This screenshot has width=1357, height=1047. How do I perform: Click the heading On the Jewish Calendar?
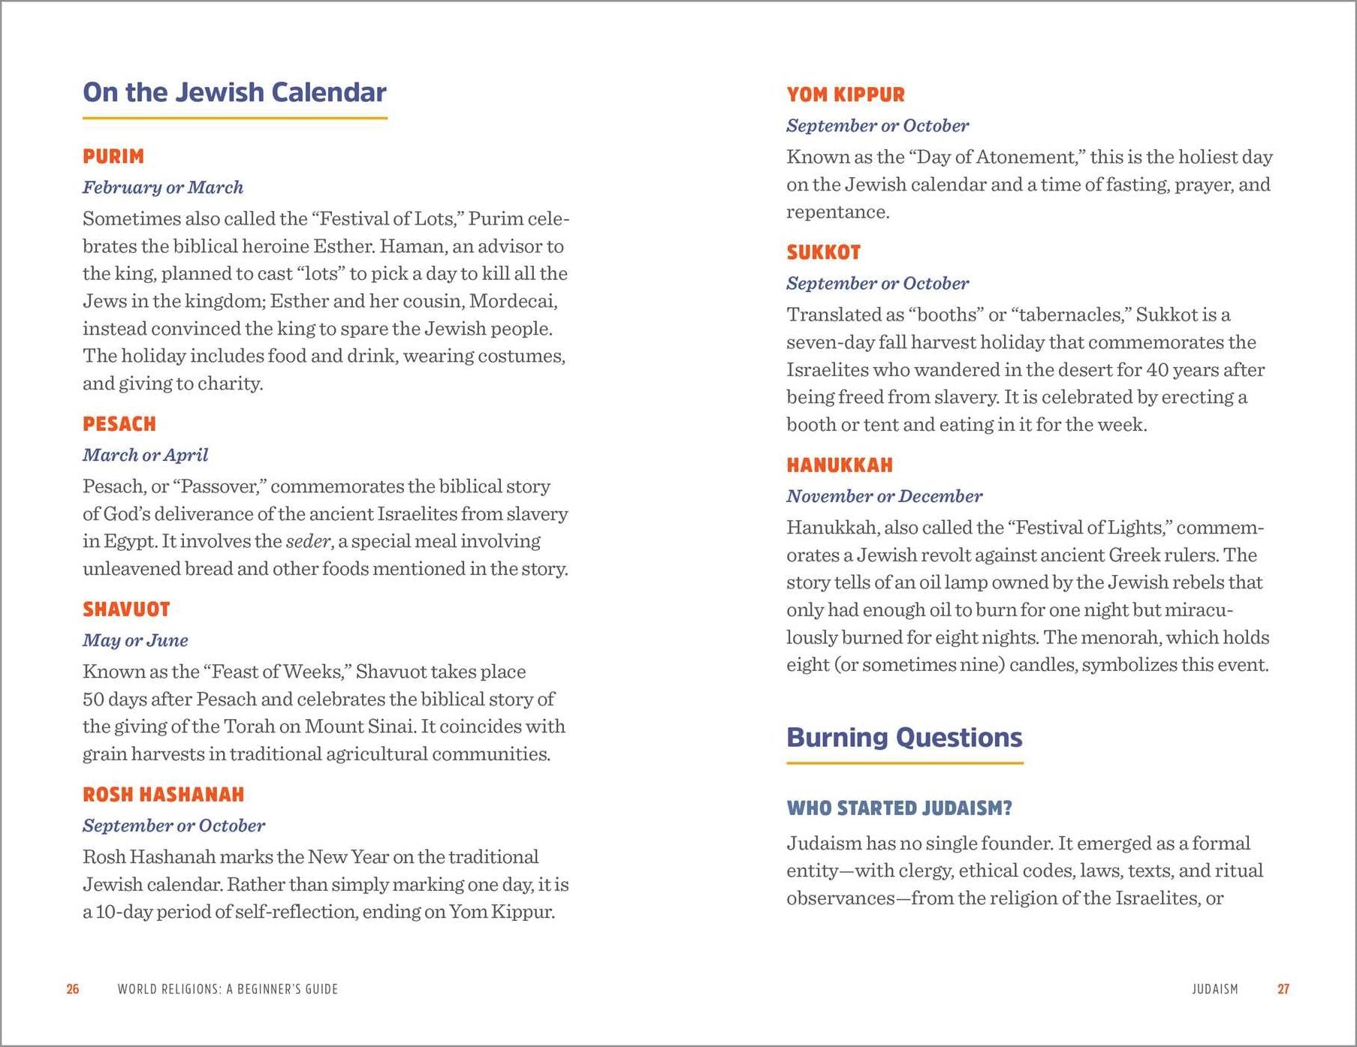point(234,92)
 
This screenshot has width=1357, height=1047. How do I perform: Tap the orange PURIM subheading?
point(113,156)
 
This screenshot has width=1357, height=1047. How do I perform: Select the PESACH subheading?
point(119,424)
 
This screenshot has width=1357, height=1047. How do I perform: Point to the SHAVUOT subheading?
point(126,609)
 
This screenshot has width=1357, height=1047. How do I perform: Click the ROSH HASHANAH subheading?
point(163,794)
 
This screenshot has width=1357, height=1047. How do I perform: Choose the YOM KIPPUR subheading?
point(846,95)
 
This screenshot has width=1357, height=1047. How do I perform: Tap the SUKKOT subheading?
point(823,252)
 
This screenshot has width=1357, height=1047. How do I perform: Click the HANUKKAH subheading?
point(840,465)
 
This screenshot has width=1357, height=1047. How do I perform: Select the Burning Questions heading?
point(904,738)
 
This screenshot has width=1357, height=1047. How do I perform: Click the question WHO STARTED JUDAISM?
point(899,808)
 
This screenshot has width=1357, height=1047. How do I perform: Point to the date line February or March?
point(163,188)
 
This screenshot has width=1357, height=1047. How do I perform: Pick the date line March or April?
point(145,455)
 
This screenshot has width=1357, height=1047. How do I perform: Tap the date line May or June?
point(135,640)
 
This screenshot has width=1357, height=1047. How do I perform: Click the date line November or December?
point(884,496)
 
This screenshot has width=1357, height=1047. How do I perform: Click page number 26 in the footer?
point(73,989)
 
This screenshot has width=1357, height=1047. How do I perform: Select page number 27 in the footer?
point(1283,989)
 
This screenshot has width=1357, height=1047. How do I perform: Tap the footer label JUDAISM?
point(1214,989)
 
